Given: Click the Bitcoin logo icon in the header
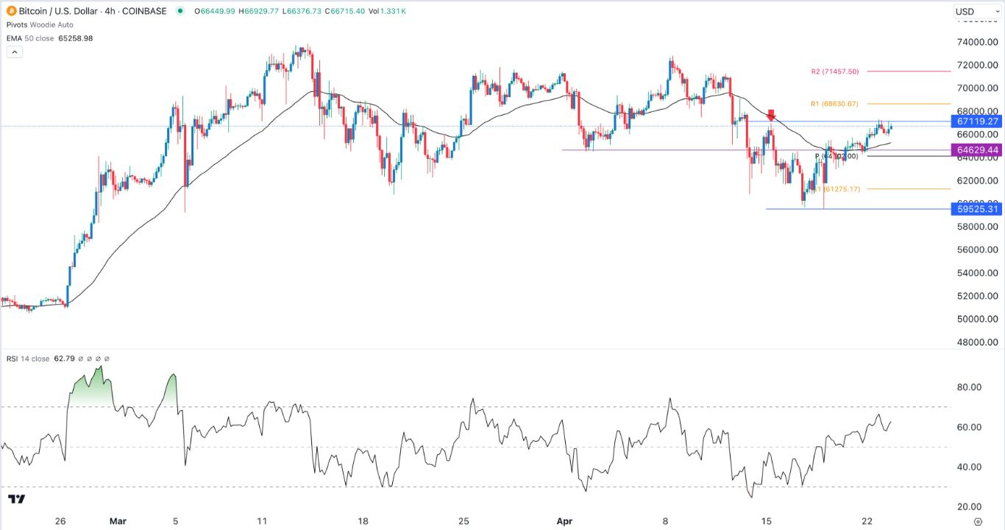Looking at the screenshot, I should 10,11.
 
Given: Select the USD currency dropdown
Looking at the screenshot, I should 976,11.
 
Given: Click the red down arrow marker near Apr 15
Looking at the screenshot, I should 771,116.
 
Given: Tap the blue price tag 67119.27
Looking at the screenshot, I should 977,121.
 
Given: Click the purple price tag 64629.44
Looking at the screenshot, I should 977,150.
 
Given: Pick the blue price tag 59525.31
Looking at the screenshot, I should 977,209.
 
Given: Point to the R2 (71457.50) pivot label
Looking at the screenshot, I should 834,71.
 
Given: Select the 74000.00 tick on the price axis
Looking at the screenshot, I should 977,42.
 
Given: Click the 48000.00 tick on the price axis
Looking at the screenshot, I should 977,342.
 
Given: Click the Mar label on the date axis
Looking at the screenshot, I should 118,521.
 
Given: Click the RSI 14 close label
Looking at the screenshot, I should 27,359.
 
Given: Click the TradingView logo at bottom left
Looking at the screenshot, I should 17,499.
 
